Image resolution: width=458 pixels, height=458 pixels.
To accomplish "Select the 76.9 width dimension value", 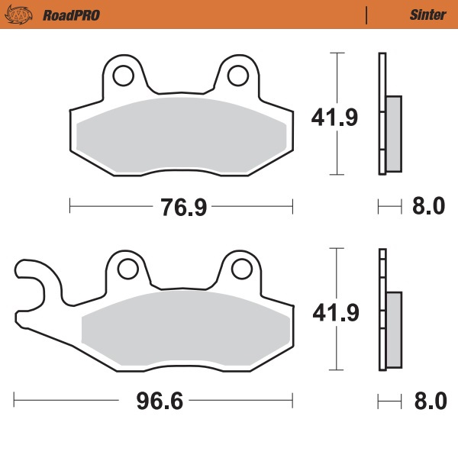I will [x=182, y=206].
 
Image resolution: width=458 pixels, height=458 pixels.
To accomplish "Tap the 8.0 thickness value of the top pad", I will [x=428, y=206].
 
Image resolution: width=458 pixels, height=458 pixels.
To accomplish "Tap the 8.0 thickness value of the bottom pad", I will [x=428, y=401].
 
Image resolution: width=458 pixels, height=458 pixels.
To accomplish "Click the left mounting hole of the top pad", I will [x=123, y=74].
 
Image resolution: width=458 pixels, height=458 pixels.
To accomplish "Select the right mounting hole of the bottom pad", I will [x=241, y=268].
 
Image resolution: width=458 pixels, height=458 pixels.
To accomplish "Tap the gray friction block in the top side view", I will [x=393, y=134].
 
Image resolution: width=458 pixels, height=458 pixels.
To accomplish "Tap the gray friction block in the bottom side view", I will [x=393, y=329].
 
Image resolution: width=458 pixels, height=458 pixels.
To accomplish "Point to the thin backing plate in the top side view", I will [x=381, y=114].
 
